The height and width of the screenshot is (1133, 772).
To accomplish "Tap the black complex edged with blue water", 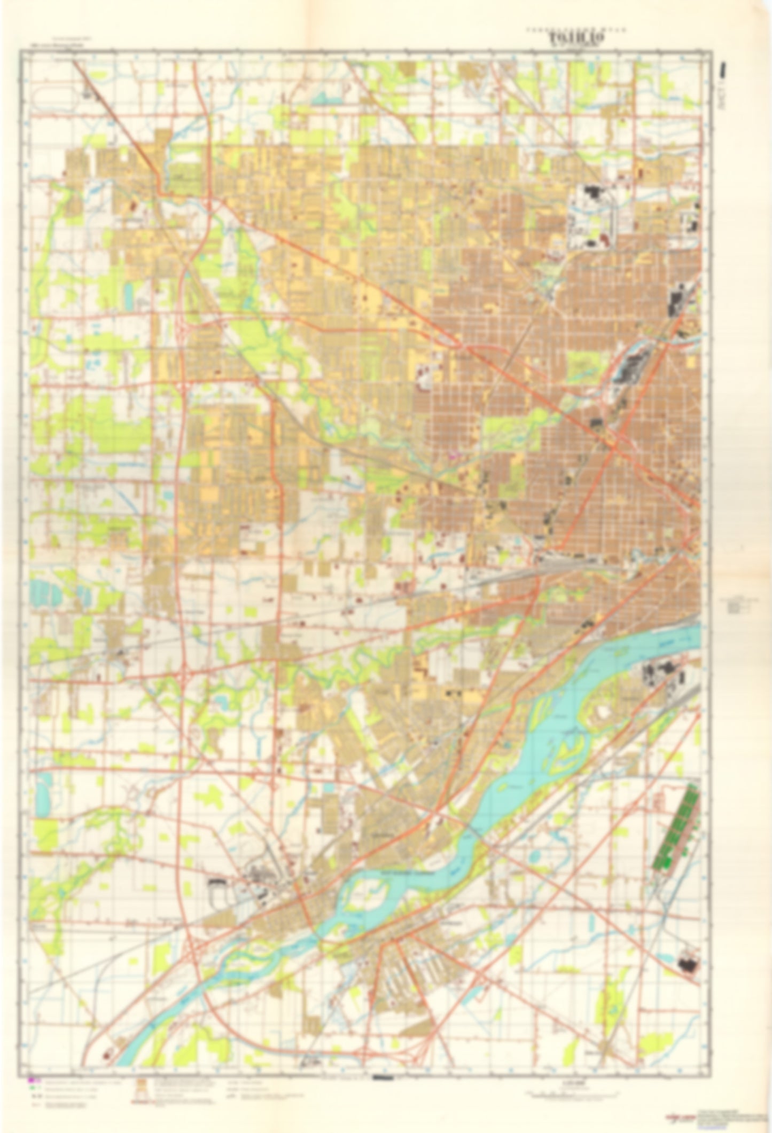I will pos(630,368).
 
